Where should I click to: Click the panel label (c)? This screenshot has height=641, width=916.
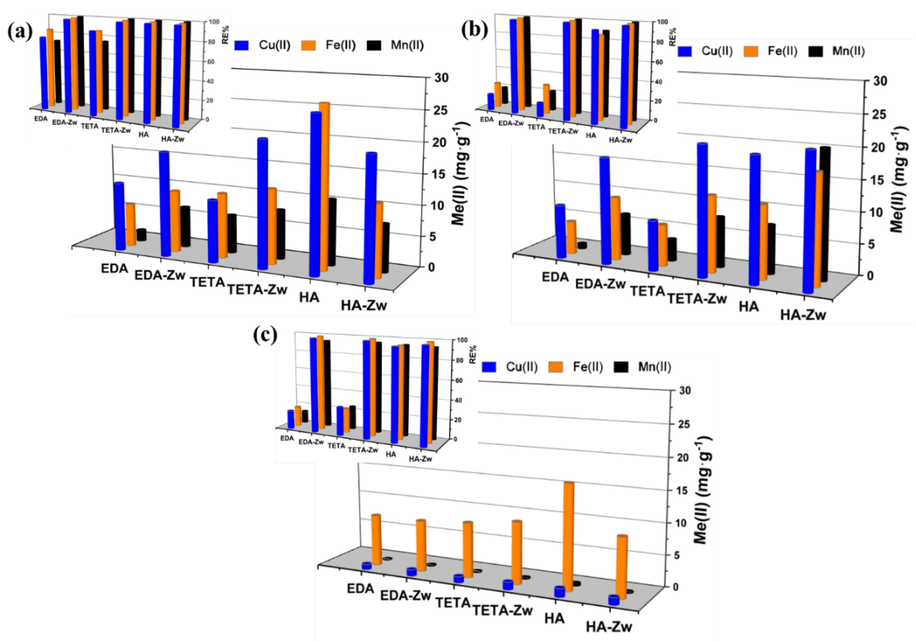[265, 336]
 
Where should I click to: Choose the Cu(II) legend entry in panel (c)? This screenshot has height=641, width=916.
[521, 367]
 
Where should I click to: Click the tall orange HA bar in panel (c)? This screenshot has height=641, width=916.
[568, 536]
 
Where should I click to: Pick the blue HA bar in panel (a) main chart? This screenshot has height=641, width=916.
[315, 194]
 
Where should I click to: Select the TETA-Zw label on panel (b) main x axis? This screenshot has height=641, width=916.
[697, 299]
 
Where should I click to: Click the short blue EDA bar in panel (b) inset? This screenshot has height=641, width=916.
[491, 102]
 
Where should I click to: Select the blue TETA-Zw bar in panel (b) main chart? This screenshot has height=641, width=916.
[702, 210]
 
